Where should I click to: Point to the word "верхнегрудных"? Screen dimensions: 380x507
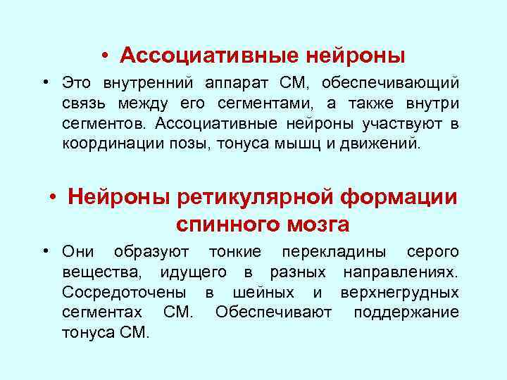click(x=399, y=292)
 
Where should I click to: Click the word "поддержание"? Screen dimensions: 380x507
click(x=406, y=312)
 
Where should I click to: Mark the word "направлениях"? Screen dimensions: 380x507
click(x=401, y=272)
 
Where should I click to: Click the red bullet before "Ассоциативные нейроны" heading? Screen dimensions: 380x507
click(x=104, y=55)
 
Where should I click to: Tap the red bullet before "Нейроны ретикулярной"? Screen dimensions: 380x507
click(x=54, y=198)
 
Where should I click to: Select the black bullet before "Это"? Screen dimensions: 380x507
click(x=45, y=84)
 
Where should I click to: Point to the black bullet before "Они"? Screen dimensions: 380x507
click(x=45, y=252)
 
